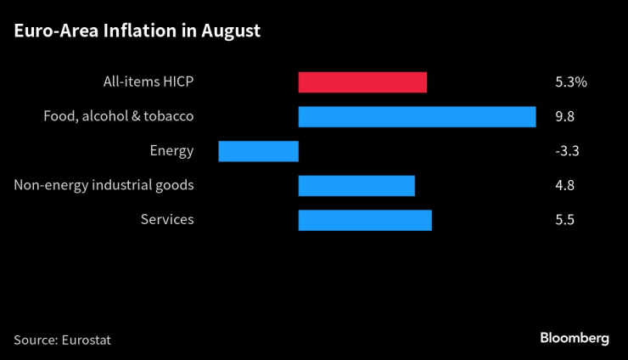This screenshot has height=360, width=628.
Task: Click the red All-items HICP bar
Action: (x=362, y=82)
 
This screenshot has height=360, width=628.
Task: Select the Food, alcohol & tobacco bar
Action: (x=417, y=116)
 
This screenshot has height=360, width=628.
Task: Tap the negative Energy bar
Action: (x=258, y=151)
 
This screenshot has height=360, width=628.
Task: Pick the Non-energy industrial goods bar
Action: (x=356, y=185)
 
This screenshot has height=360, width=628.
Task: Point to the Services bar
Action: (x=365, y=220)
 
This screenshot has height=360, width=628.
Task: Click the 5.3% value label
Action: (x=570, y=82)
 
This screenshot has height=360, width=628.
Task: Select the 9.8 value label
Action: (x=564, y=116)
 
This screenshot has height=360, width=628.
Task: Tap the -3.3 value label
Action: (x=566, y=151)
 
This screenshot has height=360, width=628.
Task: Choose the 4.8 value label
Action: (x=564, y=185)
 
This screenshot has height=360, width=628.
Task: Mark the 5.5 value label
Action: (x=564, y=220)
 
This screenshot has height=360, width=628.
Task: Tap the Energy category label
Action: (x=171, y=151)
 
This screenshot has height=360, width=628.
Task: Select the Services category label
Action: (x=167, y=220)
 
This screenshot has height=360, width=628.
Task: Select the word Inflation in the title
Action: (x=136, y=31)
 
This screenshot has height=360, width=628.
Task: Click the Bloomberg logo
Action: (x=575, y=338)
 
